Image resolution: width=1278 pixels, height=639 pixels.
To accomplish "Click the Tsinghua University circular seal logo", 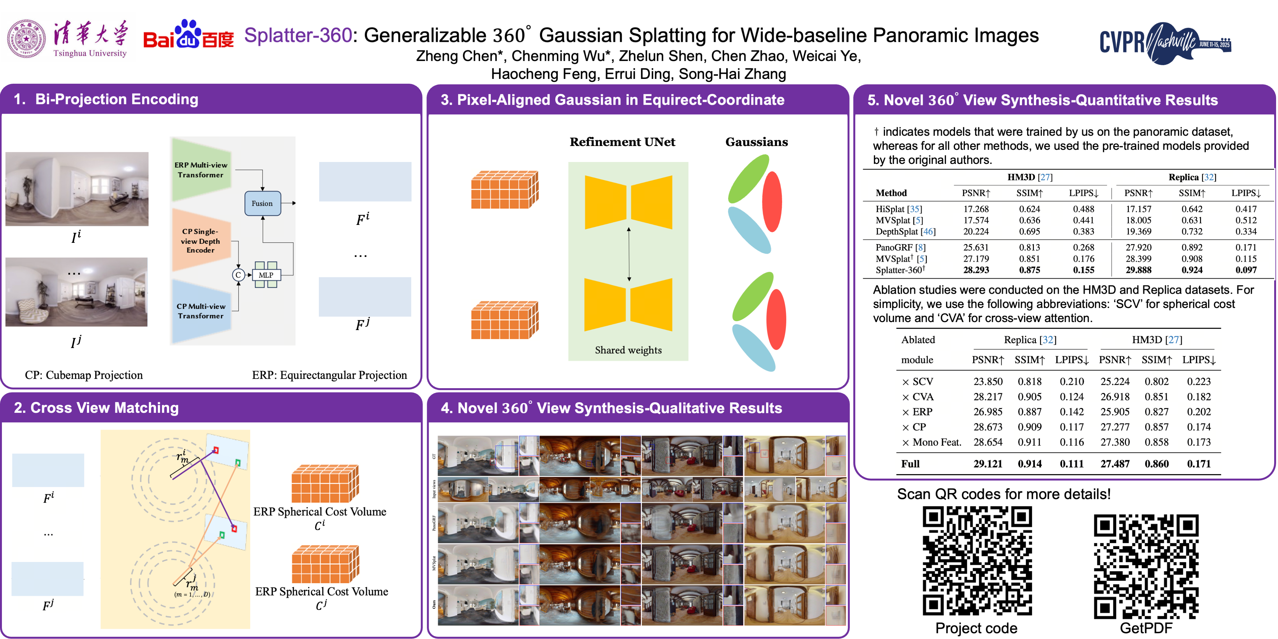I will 26,39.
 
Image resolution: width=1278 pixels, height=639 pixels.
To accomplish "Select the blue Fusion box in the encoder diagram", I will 262,204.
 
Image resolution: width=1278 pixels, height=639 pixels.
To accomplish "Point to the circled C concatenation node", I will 238,275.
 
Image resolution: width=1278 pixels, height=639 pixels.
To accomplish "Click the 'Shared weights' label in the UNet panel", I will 628,350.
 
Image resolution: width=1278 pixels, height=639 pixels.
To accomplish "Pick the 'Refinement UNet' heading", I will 622,142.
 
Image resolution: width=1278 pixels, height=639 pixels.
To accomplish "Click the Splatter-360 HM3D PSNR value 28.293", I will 976,270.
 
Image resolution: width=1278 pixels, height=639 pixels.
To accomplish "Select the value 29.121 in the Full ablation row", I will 987,464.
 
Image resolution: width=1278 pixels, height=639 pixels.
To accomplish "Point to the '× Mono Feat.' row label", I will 932,442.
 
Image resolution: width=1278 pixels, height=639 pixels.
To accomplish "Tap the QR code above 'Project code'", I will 977,561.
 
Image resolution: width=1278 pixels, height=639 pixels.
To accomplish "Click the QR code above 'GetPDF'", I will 1146,566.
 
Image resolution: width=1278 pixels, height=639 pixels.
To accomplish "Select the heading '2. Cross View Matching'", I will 96,408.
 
